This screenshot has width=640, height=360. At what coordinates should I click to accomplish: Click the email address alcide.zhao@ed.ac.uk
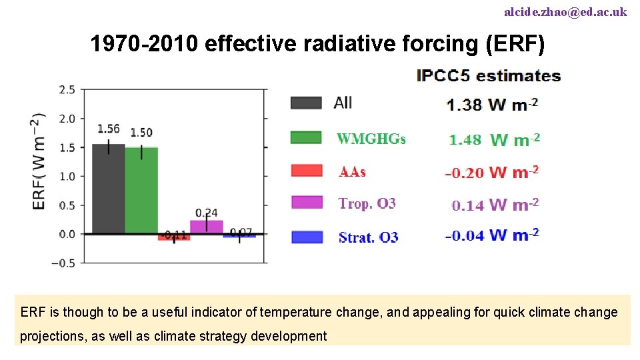[565, 12]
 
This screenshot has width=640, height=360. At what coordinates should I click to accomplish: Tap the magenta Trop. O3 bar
[207, 227]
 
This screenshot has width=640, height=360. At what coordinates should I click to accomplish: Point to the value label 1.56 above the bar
[109, 129]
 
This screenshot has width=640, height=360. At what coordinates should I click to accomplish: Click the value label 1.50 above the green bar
[141, 133]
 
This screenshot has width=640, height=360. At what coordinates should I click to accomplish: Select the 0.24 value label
[207, 212]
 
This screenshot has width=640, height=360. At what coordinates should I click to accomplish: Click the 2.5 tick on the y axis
[67, 90]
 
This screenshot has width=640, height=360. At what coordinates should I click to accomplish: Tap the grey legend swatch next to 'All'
[306, 103]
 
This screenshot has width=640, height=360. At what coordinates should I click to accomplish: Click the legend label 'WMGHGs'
[371, 139]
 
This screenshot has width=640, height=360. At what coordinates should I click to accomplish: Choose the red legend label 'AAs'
[352, 172]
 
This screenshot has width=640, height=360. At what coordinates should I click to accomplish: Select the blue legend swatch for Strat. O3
[307, 237]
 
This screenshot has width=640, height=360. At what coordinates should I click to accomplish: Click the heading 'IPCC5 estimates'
[488, 76]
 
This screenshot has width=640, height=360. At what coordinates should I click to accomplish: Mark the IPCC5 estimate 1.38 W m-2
[492, 105]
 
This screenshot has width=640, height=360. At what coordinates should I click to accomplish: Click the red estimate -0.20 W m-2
[491, 173]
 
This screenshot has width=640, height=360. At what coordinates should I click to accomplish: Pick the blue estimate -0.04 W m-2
[492, 235]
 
